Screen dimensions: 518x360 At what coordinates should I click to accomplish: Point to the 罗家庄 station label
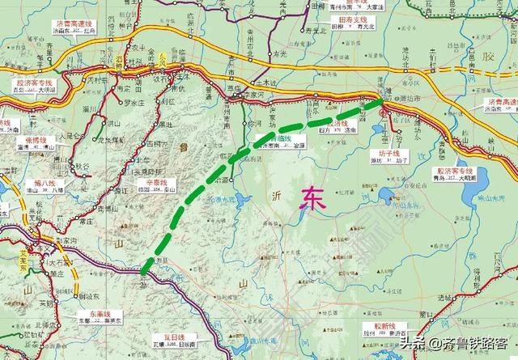[131, 103]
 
